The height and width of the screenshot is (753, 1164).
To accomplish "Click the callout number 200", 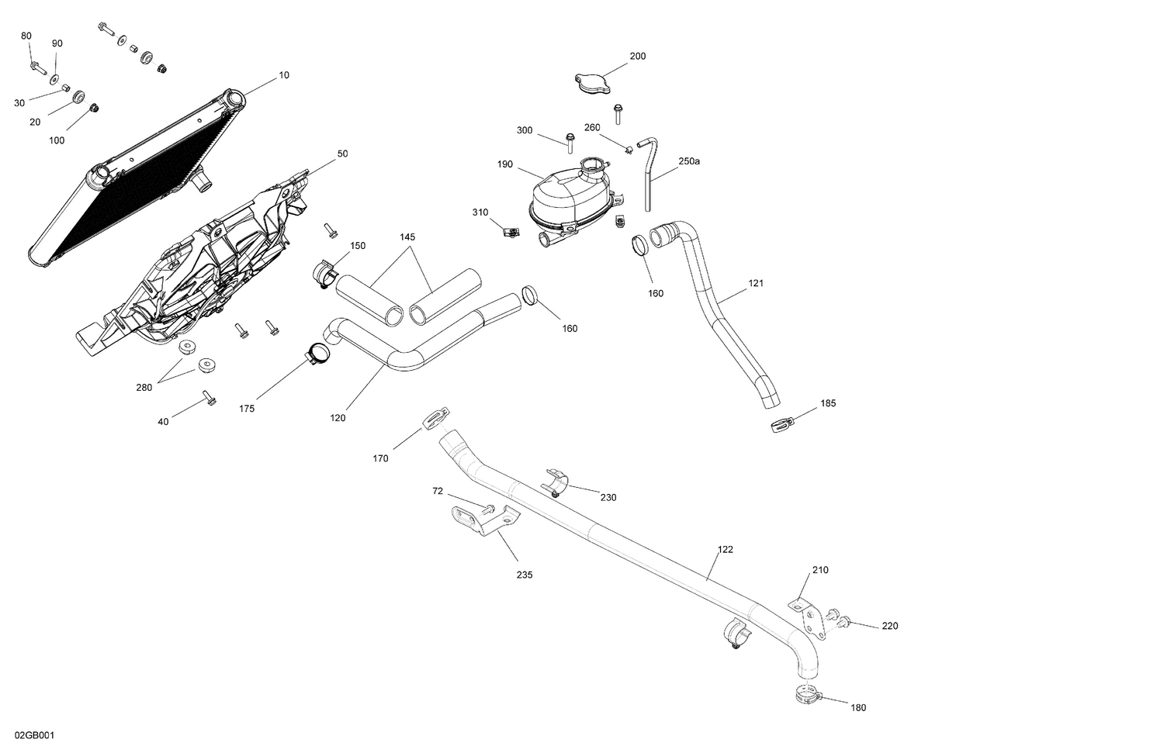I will [637, 56].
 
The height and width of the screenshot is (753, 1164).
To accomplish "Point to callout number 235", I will [525, 575].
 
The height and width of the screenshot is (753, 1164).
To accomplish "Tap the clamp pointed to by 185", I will [781, 425].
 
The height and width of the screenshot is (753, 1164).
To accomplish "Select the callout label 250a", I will [689, 161].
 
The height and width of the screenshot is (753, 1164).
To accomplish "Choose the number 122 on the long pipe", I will [725, 549].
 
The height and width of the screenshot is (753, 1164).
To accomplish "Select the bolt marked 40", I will [209, 399].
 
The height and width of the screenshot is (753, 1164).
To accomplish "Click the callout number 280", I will [144, 387].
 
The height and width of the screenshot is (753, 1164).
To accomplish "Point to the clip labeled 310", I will [510, 231].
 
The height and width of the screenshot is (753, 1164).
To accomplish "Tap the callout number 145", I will [408, 237].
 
